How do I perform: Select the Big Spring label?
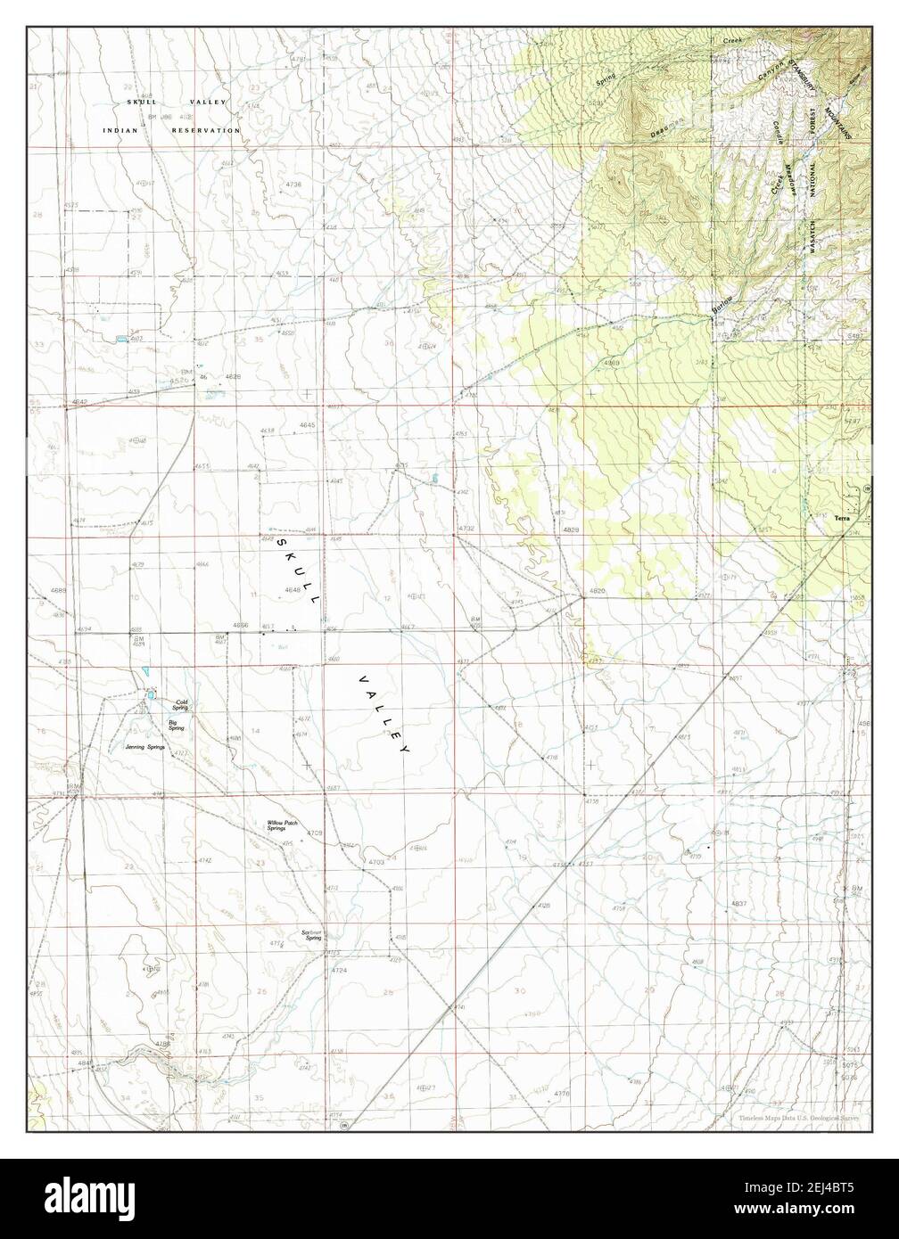(177, 726)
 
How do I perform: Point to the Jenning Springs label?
(148, 747)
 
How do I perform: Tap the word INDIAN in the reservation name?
(123, 130)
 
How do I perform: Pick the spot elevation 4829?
(572, 530)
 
